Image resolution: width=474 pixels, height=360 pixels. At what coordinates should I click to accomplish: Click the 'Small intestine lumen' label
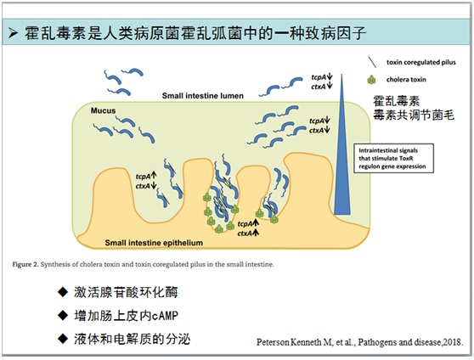[x=202, y=96]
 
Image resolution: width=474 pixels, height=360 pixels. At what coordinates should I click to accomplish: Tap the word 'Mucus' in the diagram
[x=103, y=110]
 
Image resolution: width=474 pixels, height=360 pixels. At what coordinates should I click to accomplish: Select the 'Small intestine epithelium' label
[x=154, y=243]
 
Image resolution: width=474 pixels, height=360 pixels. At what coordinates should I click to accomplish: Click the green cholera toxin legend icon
[x=371, y=80]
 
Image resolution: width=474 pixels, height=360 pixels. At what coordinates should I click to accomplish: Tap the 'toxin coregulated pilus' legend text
[x=421, y=62]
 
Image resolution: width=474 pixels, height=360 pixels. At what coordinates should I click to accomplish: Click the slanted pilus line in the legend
[x=372, y=62]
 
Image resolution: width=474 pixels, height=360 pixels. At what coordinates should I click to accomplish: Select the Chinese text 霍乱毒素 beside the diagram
[x=397, y=101]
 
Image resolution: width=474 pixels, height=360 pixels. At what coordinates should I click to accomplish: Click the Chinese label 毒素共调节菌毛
[x=414, y=115]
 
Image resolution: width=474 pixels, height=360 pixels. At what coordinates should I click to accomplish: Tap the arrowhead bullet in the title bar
[x=14, y=33]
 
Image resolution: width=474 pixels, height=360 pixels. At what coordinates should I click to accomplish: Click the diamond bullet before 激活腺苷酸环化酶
[x=63, y=292]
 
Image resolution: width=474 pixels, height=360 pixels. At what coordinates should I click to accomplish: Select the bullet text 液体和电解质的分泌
[x=133, y=339]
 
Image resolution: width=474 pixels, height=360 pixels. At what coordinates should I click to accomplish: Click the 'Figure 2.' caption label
[x=25, y=265]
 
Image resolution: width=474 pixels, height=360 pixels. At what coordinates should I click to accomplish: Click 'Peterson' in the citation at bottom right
[x=273, y=342]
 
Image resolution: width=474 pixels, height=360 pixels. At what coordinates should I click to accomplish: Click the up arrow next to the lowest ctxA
[x=256, y=233]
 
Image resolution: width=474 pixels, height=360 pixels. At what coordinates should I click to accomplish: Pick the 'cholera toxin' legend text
[x=406, y=80]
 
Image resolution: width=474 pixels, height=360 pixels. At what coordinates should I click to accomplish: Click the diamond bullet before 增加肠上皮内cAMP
[x=63, y=316]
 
